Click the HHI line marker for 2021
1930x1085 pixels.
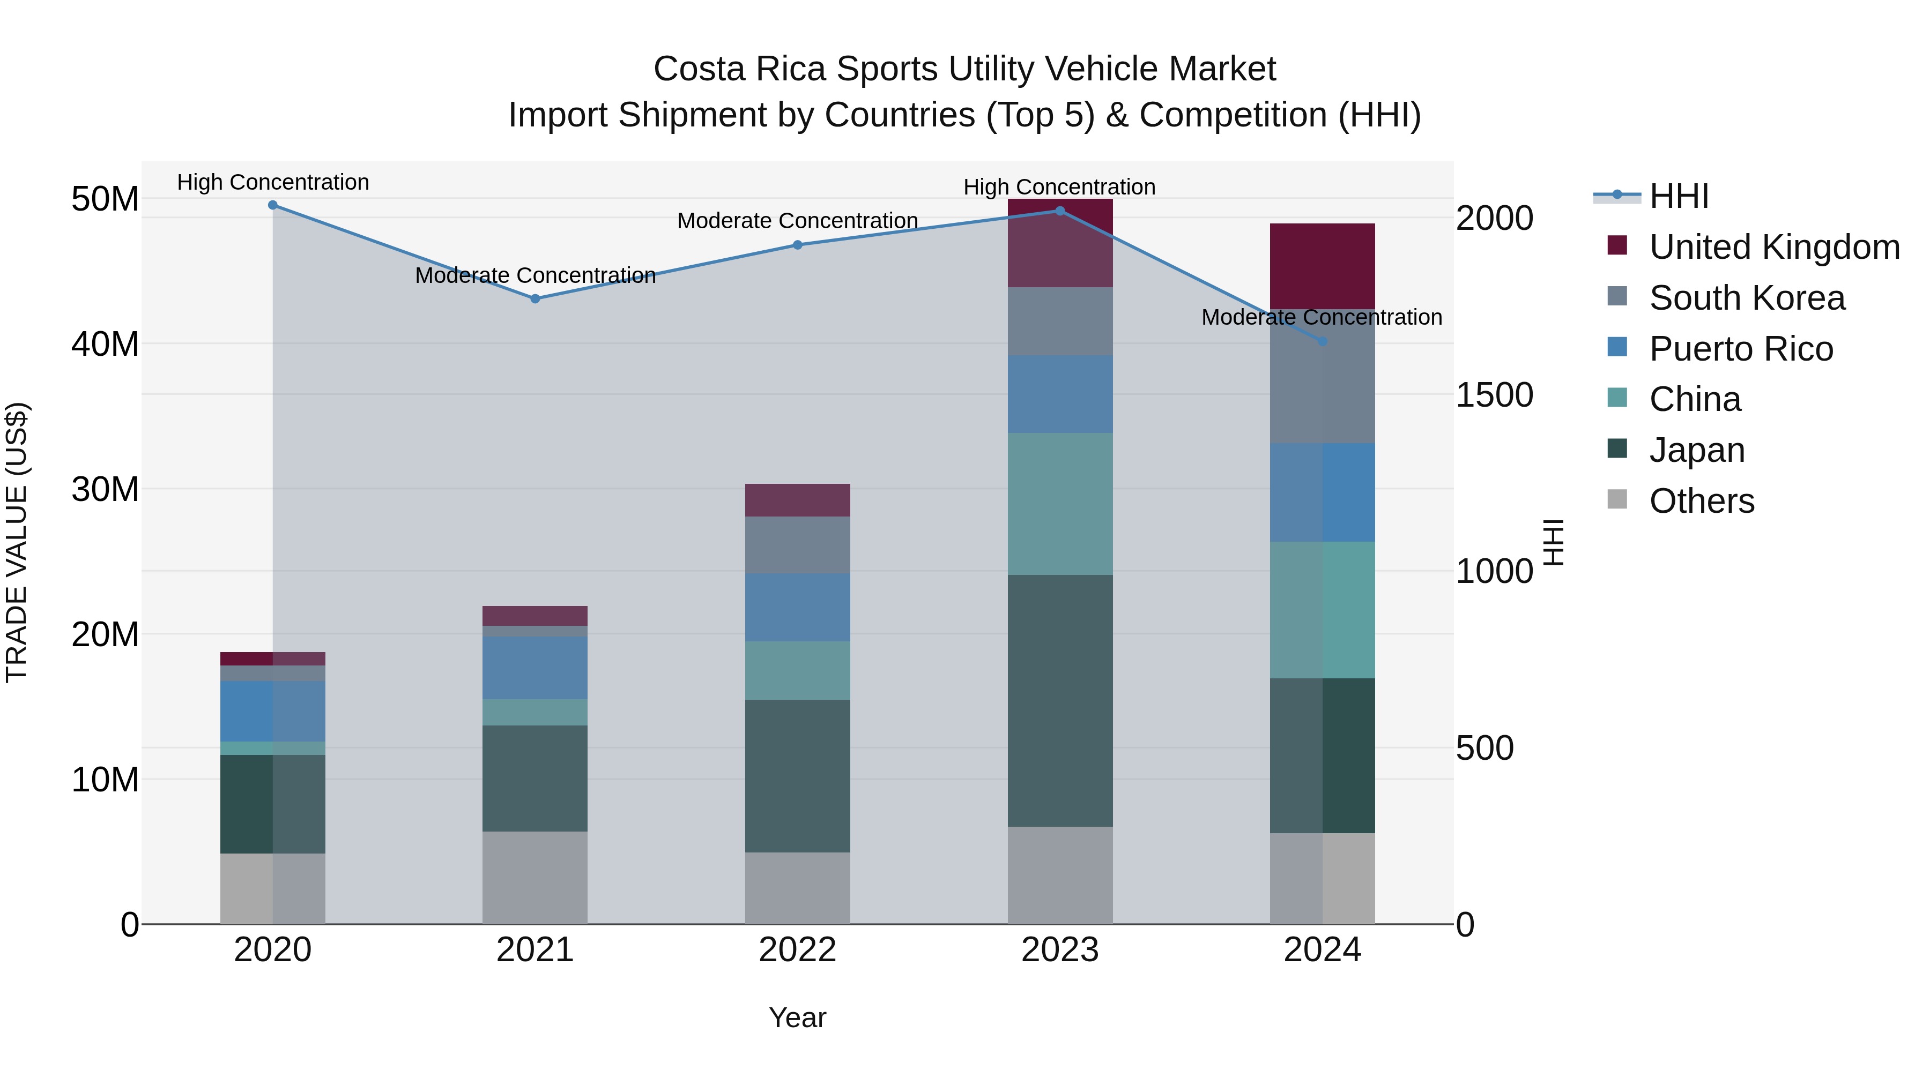click(x=535, y=299)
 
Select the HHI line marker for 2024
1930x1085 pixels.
click(x=1323, y=341)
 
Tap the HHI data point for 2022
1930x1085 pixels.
click(x=797, y=245)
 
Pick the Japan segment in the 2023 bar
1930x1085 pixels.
click(x=1059, y=700)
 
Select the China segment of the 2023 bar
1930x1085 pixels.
click(x=1059, y=504)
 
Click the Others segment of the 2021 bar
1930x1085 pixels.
click(x=535, y=878)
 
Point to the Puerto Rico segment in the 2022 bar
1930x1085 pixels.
click(x=797, y=607)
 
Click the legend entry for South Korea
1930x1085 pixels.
click(x=1747, y=298)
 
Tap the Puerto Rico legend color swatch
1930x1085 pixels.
click(x=1617, y=347)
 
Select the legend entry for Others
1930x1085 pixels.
click(x=1702, y=501)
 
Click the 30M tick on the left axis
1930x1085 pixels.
click(x=105, y=490)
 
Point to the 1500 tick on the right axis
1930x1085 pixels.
click(x=1494, y=395)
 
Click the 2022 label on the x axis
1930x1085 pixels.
click(x=797, y=950)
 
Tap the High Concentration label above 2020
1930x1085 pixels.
click(x=273, y=182)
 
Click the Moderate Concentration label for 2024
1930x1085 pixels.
click(x=1322, y=318)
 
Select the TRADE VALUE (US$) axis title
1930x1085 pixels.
click(x=17, y=542)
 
